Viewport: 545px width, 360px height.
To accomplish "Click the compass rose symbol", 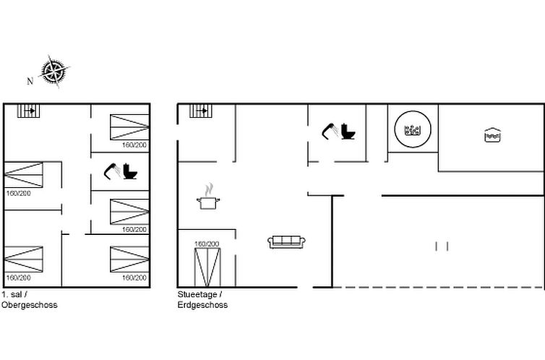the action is [53, 72].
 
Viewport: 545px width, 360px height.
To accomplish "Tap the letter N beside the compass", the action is [30, 81].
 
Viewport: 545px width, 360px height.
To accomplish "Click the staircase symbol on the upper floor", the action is [28, 111].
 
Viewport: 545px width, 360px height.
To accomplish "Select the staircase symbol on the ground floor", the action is [200, 111].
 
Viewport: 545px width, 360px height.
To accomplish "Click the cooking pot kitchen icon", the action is [208, 197].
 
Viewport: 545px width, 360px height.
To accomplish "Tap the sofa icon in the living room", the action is [286, 242].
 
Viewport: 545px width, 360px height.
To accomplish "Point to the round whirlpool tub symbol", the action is [413, 129].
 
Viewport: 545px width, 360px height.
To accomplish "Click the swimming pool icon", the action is [492, 135].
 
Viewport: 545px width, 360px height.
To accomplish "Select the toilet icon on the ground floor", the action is [348, 132].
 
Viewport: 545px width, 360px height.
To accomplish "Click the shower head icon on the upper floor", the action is [112, 171].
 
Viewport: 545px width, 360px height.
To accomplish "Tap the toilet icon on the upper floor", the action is [130, 171].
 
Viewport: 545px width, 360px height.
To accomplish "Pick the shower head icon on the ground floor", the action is [330, 131].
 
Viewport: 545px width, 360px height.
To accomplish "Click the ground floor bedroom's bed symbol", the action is [207, 267].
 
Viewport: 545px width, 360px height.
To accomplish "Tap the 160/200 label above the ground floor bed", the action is [207, 244].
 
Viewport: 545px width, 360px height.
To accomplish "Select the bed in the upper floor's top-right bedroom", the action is [129, 127].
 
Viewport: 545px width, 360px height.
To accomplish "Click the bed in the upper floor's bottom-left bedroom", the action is [24, 260].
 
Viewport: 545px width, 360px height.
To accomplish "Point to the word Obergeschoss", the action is [29, 305].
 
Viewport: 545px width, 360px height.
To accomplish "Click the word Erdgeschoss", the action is [202, 305].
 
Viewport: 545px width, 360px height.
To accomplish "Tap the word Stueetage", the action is [197, 295].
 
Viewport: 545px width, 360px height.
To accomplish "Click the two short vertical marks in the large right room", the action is [442, 247].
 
